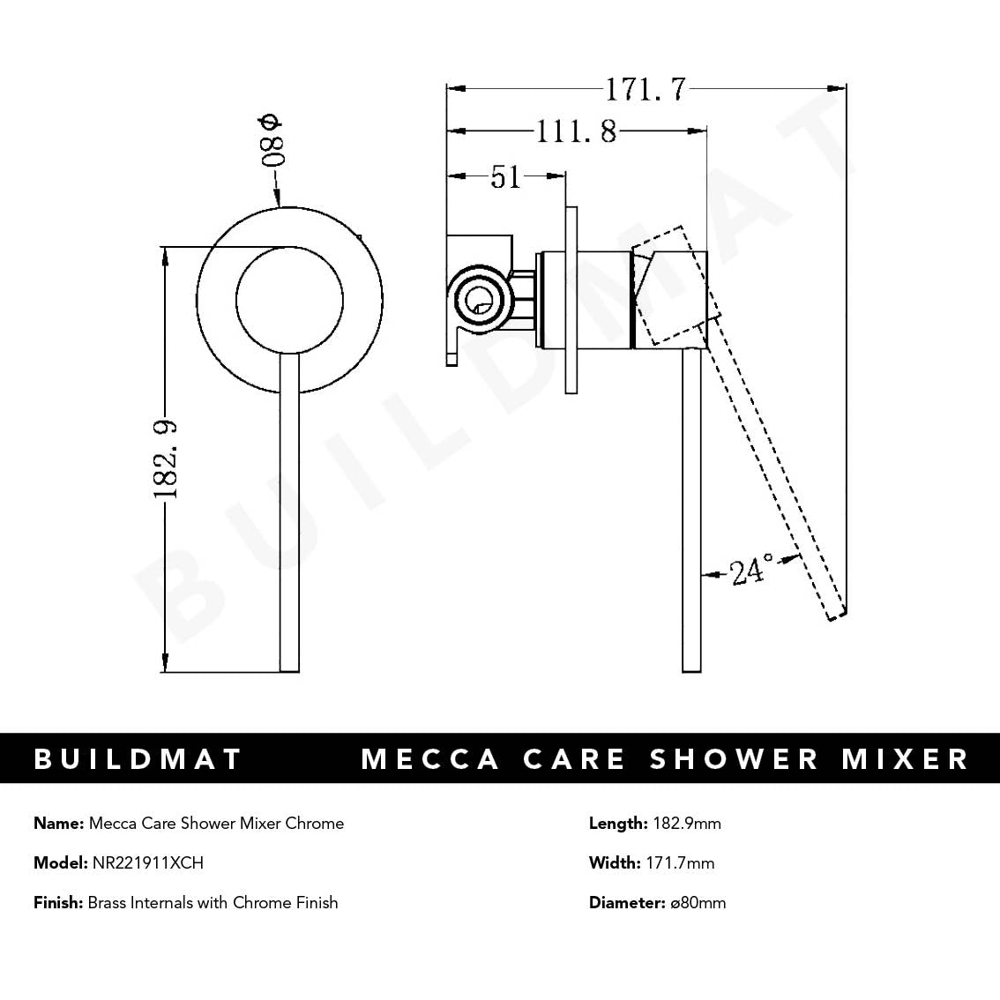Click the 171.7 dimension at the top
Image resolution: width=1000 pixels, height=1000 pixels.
click(x=645, y=89)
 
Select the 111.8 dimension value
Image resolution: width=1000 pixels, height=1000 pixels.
click(x=577, y=132)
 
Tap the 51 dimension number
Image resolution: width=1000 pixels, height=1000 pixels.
click(x=505, y=177)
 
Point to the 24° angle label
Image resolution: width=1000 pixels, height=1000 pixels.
click(x=752, y=571)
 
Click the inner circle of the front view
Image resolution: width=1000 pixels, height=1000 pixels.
click(x=289, y=299)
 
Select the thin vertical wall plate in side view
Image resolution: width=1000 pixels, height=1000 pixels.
click(x=571, y=300)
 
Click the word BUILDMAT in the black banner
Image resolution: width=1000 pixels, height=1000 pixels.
click(x=138, y=759)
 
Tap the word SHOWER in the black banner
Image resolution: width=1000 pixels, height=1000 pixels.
click(x=735, y=759)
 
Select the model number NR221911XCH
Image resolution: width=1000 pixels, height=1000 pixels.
click(x=147, y=863)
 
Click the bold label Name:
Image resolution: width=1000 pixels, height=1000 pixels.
click(x=59, y=824)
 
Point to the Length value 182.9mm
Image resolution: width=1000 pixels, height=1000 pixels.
click(x=686, y=824)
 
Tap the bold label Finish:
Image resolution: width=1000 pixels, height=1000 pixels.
click(x=58, y=903)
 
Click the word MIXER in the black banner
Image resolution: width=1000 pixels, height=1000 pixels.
click(x=905, y=759)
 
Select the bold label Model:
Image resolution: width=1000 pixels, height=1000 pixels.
click(x=61, y=863)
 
